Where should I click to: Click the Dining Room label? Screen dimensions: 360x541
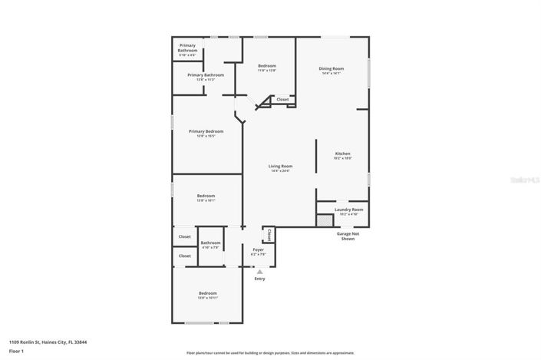tap(332, 69)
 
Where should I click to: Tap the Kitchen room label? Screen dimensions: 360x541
tap(342, 154)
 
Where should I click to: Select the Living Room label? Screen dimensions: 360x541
tap(280, 167)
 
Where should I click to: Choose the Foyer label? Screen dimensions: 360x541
tap(259, 249)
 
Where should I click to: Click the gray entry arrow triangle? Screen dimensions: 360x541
tap(259, 271)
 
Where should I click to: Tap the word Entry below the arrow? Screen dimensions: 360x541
tap(259, 279)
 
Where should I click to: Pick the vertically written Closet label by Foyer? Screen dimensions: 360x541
tap(269, 235)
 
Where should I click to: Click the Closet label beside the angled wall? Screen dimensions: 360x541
tap(282, 99)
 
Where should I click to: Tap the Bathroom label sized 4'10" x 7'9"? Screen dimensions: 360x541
tap(210, 243)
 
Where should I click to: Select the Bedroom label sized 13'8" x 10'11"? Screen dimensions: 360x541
tap(208, 294)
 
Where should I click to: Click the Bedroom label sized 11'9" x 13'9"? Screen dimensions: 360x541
tap(266, 67)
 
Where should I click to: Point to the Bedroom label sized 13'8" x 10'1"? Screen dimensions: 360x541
tap(206, 197)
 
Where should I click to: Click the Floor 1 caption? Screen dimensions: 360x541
tap(17, 351)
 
